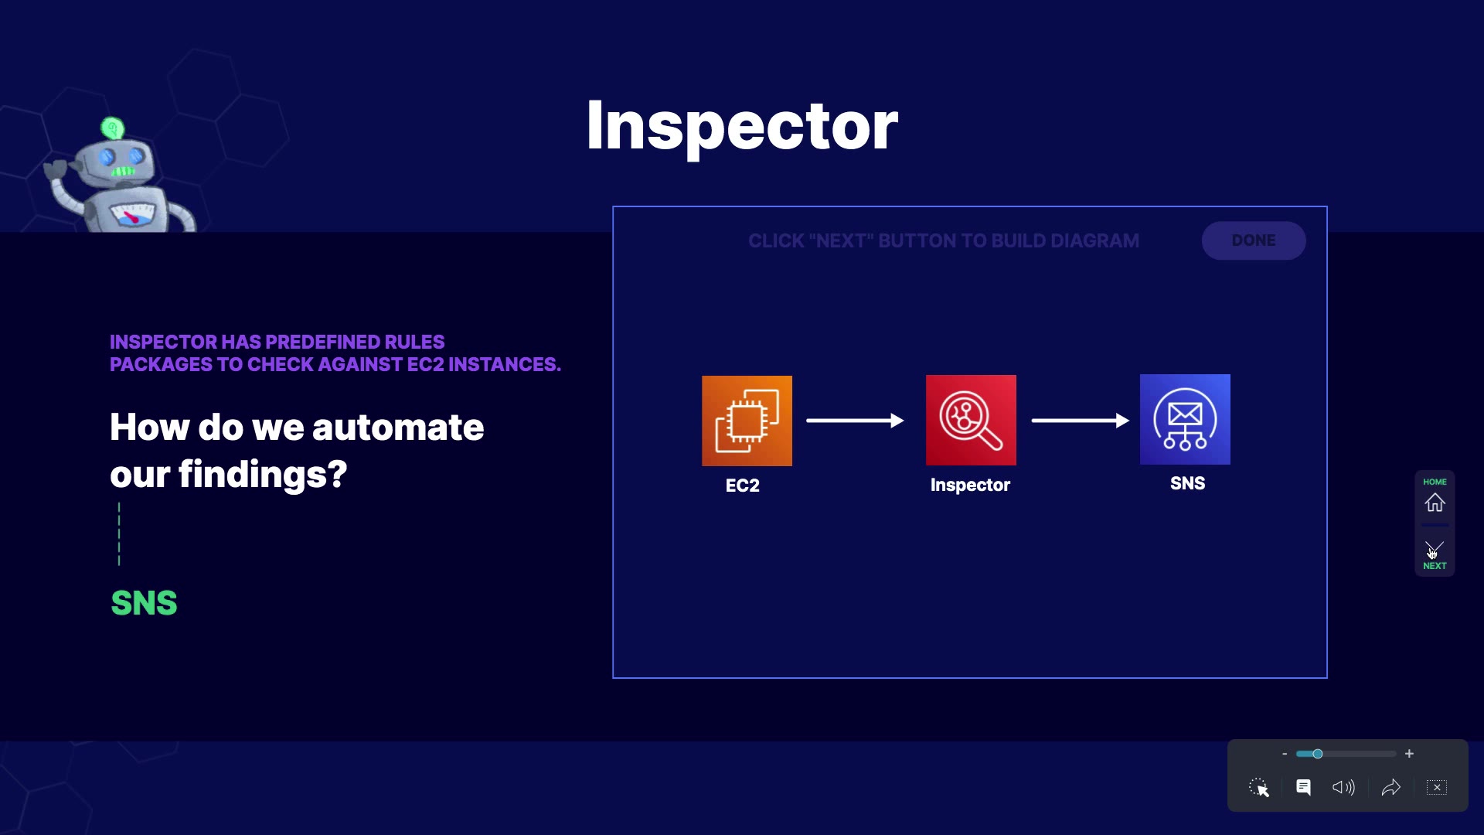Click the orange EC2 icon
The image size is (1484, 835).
click(x=747, y=421)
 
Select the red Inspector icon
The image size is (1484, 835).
click(x=971, y=420)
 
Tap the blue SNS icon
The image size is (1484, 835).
click(x=1185, y=419)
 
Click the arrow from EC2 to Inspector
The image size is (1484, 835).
click(x=855, y=421)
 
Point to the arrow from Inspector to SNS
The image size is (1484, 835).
click(x=1080, y=421)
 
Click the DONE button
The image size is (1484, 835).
click(x=1253, y=240)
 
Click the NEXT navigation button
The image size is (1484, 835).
click(x=1435, y=554)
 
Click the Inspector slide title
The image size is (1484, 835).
click(x=742, y=125)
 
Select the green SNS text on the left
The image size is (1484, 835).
click(x=144, y=603)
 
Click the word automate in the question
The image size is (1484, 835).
click(x=397, y=427)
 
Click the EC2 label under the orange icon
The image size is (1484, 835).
click(x=742, y=486)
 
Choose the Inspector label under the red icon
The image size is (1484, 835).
click(x=970, y=485)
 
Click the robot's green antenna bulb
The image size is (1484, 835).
click(x=113, y=128)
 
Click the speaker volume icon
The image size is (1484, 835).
click(x=1343, y=787)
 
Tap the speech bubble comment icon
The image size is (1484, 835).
click(x=1303, y=787)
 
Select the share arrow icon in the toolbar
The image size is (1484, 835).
click(x=1390, y=787)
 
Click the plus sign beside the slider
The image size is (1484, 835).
click(x=1409, y=754)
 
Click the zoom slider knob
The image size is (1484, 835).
click(x=1318, y=754)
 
